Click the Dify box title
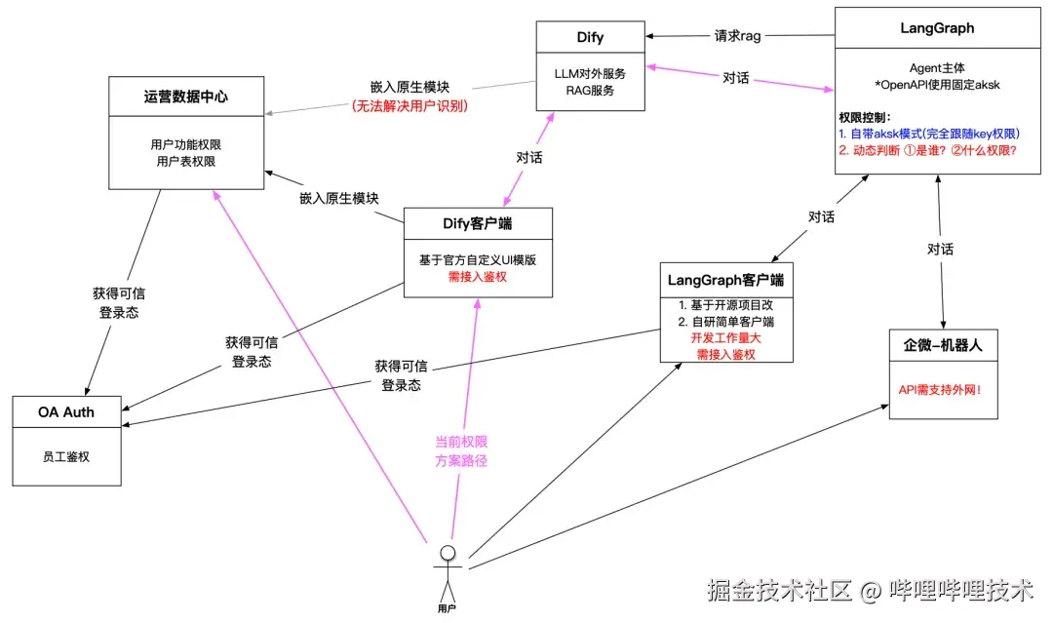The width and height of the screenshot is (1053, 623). point(590,38)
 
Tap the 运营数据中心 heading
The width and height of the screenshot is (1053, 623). point(173,97)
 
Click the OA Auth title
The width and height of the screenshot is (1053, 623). point(66,411)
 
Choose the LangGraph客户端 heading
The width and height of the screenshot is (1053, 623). point(726,280)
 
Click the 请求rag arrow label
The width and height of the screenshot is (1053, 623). point(737,36)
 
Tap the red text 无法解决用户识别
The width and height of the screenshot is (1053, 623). point(409,105)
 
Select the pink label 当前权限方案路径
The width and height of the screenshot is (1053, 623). point(461,451)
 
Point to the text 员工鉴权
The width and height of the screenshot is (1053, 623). point(66,455)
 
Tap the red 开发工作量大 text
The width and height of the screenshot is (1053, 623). point(725,338)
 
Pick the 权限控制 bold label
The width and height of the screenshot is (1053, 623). point(865,117)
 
